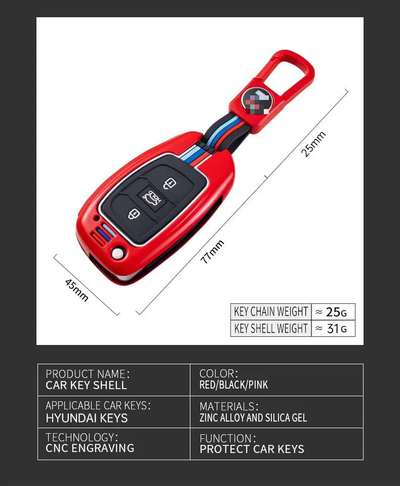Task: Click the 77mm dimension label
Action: [x=212, y=252]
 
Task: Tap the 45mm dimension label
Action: [x=77, y=290]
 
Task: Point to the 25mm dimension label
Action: [x=314, y=144]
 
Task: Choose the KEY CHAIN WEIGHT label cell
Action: [x=271, y=311]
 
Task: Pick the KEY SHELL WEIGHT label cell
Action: [x=271, y=328]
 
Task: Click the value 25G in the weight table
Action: [x=334, y=311]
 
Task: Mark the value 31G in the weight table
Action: [x=334, y=328]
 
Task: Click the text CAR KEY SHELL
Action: [x=86, y=386]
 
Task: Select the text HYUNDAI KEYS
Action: [x=87, y=418]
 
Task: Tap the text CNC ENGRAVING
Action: [x=90, y=448]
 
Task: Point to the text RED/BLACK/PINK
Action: [x=234, y=385]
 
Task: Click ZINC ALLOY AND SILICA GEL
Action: [x=253, y=418]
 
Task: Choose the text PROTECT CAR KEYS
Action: [x=252, y=449]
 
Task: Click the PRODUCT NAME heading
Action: [x=88, y=374]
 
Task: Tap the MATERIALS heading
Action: [x=229, y=406]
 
